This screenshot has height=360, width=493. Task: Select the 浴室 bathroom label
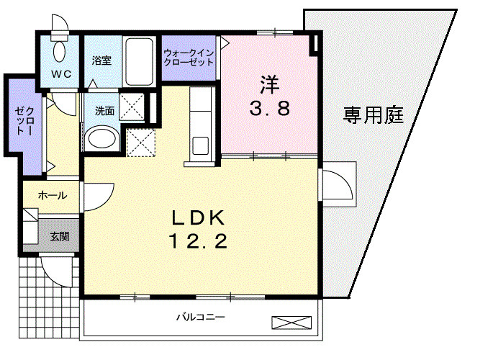(101, 60)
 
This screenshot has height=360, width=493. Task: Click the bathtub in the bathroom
(137, 60)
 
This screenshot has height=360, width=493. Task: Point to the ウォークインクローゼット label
(189, 58)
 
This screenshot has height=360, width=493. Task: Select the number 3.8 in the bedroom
(270, 110)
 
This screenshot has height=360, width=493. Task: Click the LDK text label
(199, 217)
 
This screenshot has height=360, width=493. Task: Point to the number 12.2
(199, 241)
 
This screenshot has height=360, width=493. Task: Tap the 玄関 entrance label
(59, 236)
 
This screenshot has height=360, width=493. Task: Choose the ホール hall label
(53, 195)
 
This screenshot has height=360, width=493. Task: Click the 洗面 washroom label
(104, 111)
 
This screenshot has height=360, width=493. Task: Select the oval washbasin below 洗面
(101, 138)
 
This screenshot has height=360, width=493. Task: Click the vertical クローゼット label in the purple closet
(20, 122)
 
